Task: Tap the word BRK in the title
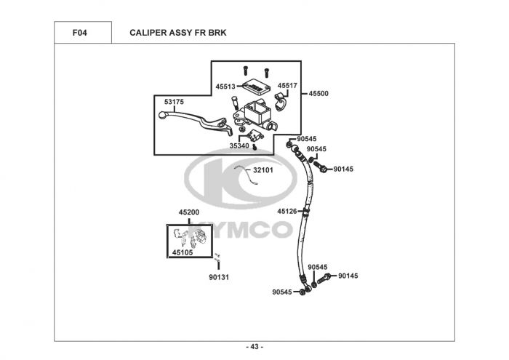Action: (x=217, y=33)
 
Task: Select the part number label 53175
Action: (x=174, y=102)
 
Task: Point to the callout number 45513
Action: (x=225, y=86)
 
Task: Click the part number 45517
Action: (x=288, y=86)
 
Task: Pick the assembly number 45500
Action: (x=318, y=94)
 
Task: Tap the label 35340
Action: (x=239, y=145)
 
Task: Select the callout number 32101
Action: (x=262, y=170)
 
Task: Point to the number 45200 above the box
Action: (x=189, y=212)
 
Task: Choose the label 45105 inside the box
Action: (x=182, y=252)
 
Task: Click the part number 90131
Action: (x=219, y=277)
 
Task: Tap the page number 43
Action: (x=254, y=345)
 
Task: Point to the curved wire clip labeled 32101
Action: (x=243, y=175)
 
